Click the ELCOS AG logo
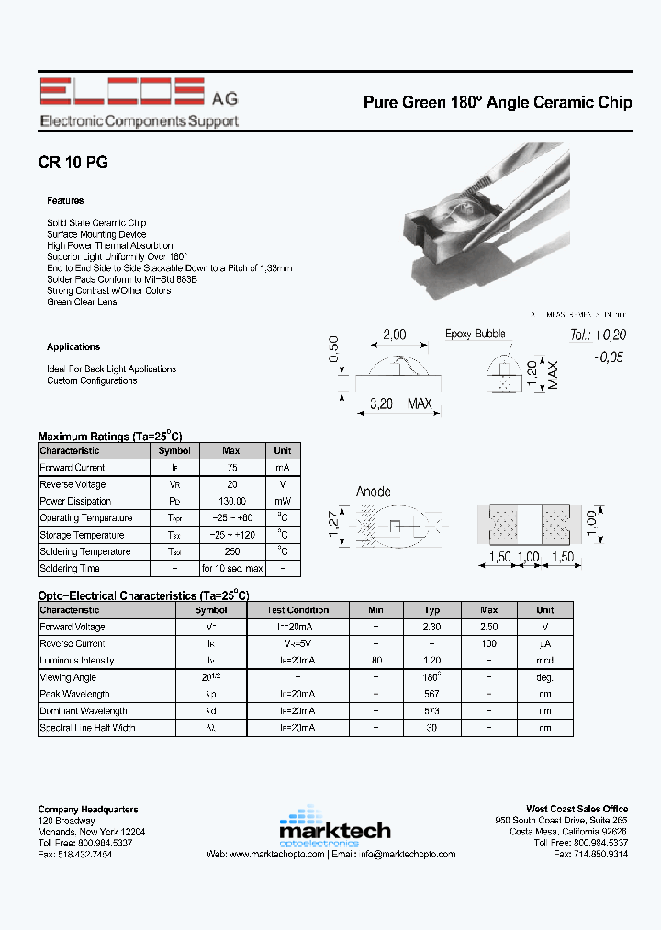tap(138, 102)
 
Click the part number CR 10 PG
tap(73, 163)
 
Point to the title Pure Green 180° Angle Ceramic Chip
tap(497, 103)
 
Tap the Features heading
tap(65, 200)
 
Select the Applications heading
tap(73, 346)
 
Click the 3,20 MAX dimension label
tap(400, 403)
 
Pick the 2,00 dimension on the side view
tap(395, 335)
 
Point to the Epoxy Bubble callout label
tap(476, 334)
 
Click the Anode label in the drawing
tap(374, 492)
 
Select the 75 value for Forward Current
tap(232, 468)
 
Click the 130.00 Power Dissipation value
tap(232, 501)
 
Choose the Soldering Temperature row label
tap(85, 551)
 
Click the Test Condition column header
tap(297, 609)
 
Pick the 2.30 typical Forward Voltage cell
tap(432, 627)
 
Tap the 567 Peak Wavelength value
tap(432, 694)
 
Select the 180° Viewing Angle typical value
tap(432, 677)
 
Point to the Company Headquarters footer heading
tap(88, 809)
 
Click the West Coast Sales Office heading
tap(577, 809)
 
